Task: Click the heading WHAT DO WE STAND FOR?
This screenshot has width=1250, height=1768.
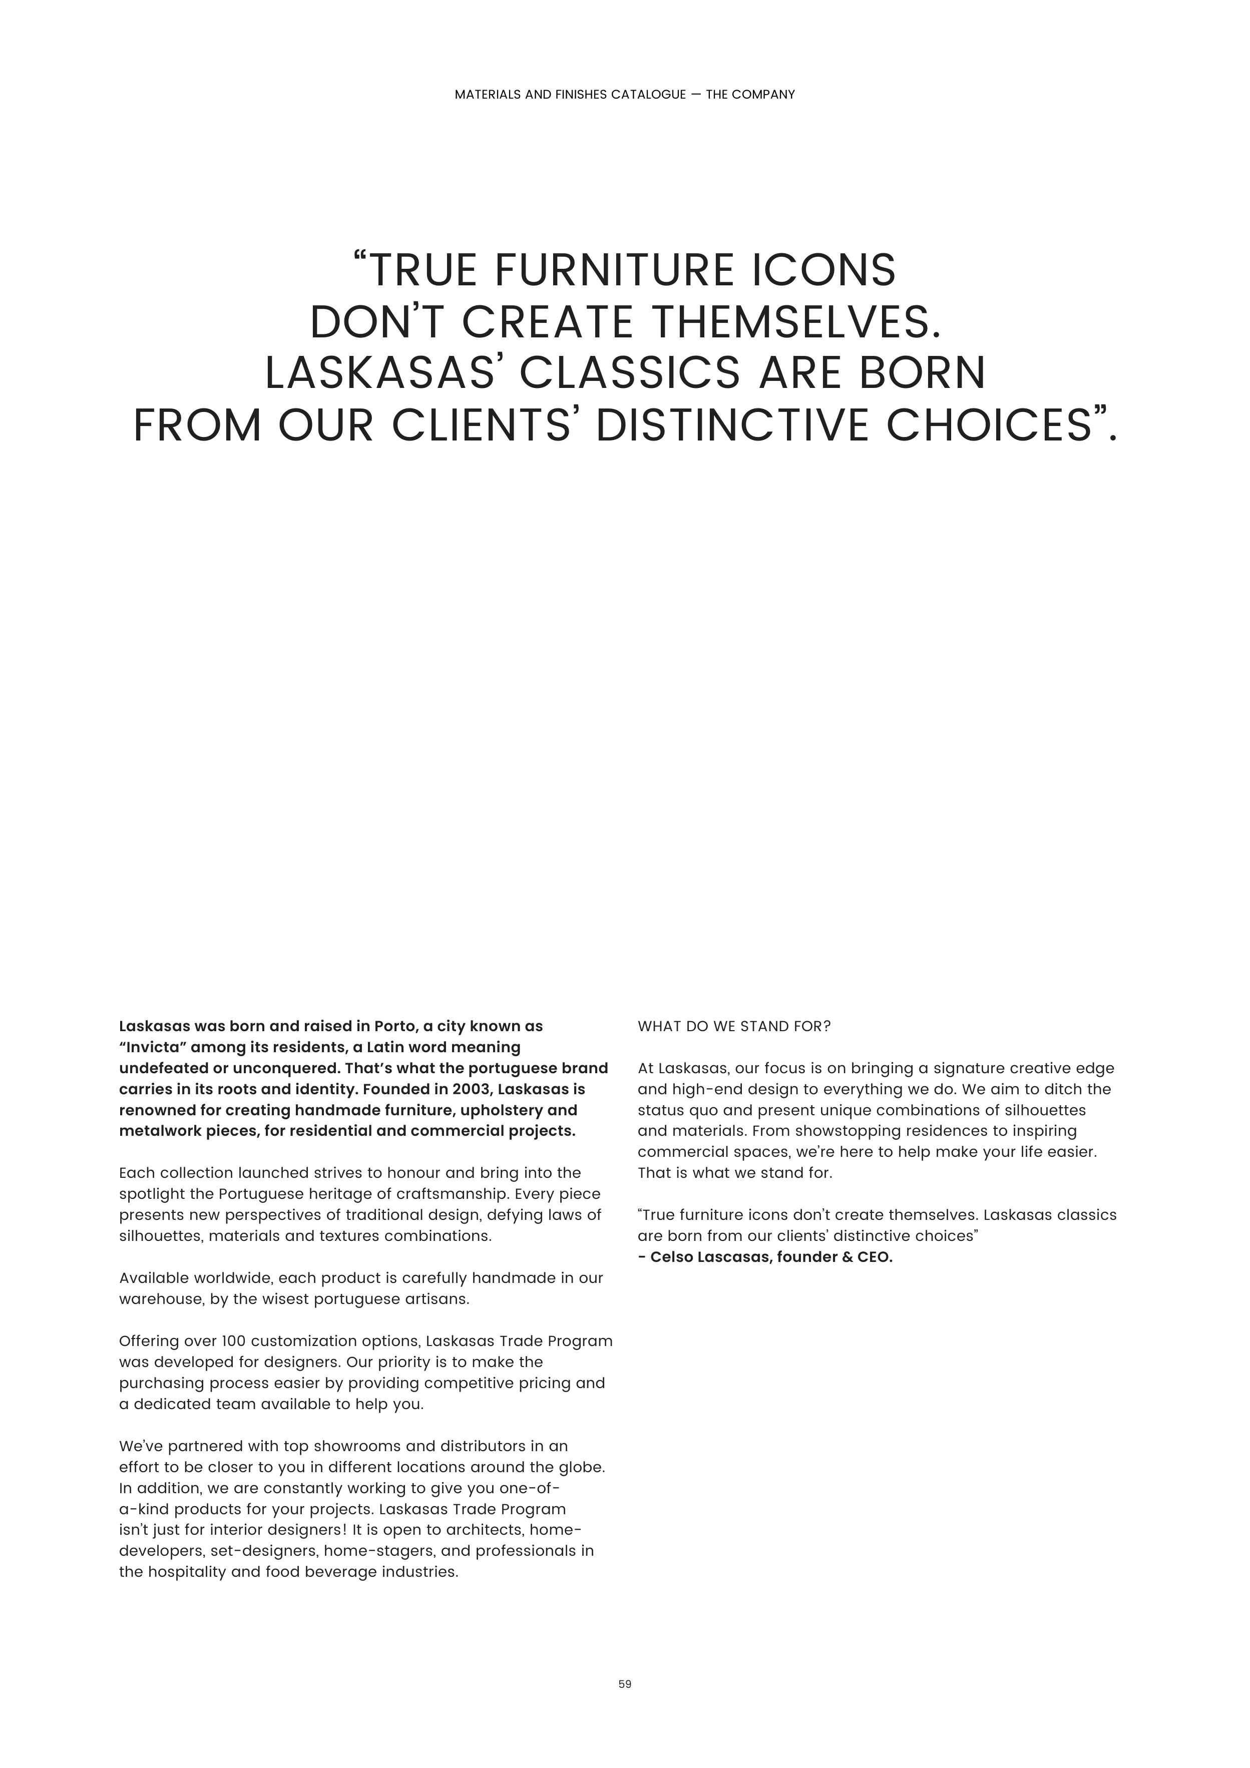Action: coord(734,1027)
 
